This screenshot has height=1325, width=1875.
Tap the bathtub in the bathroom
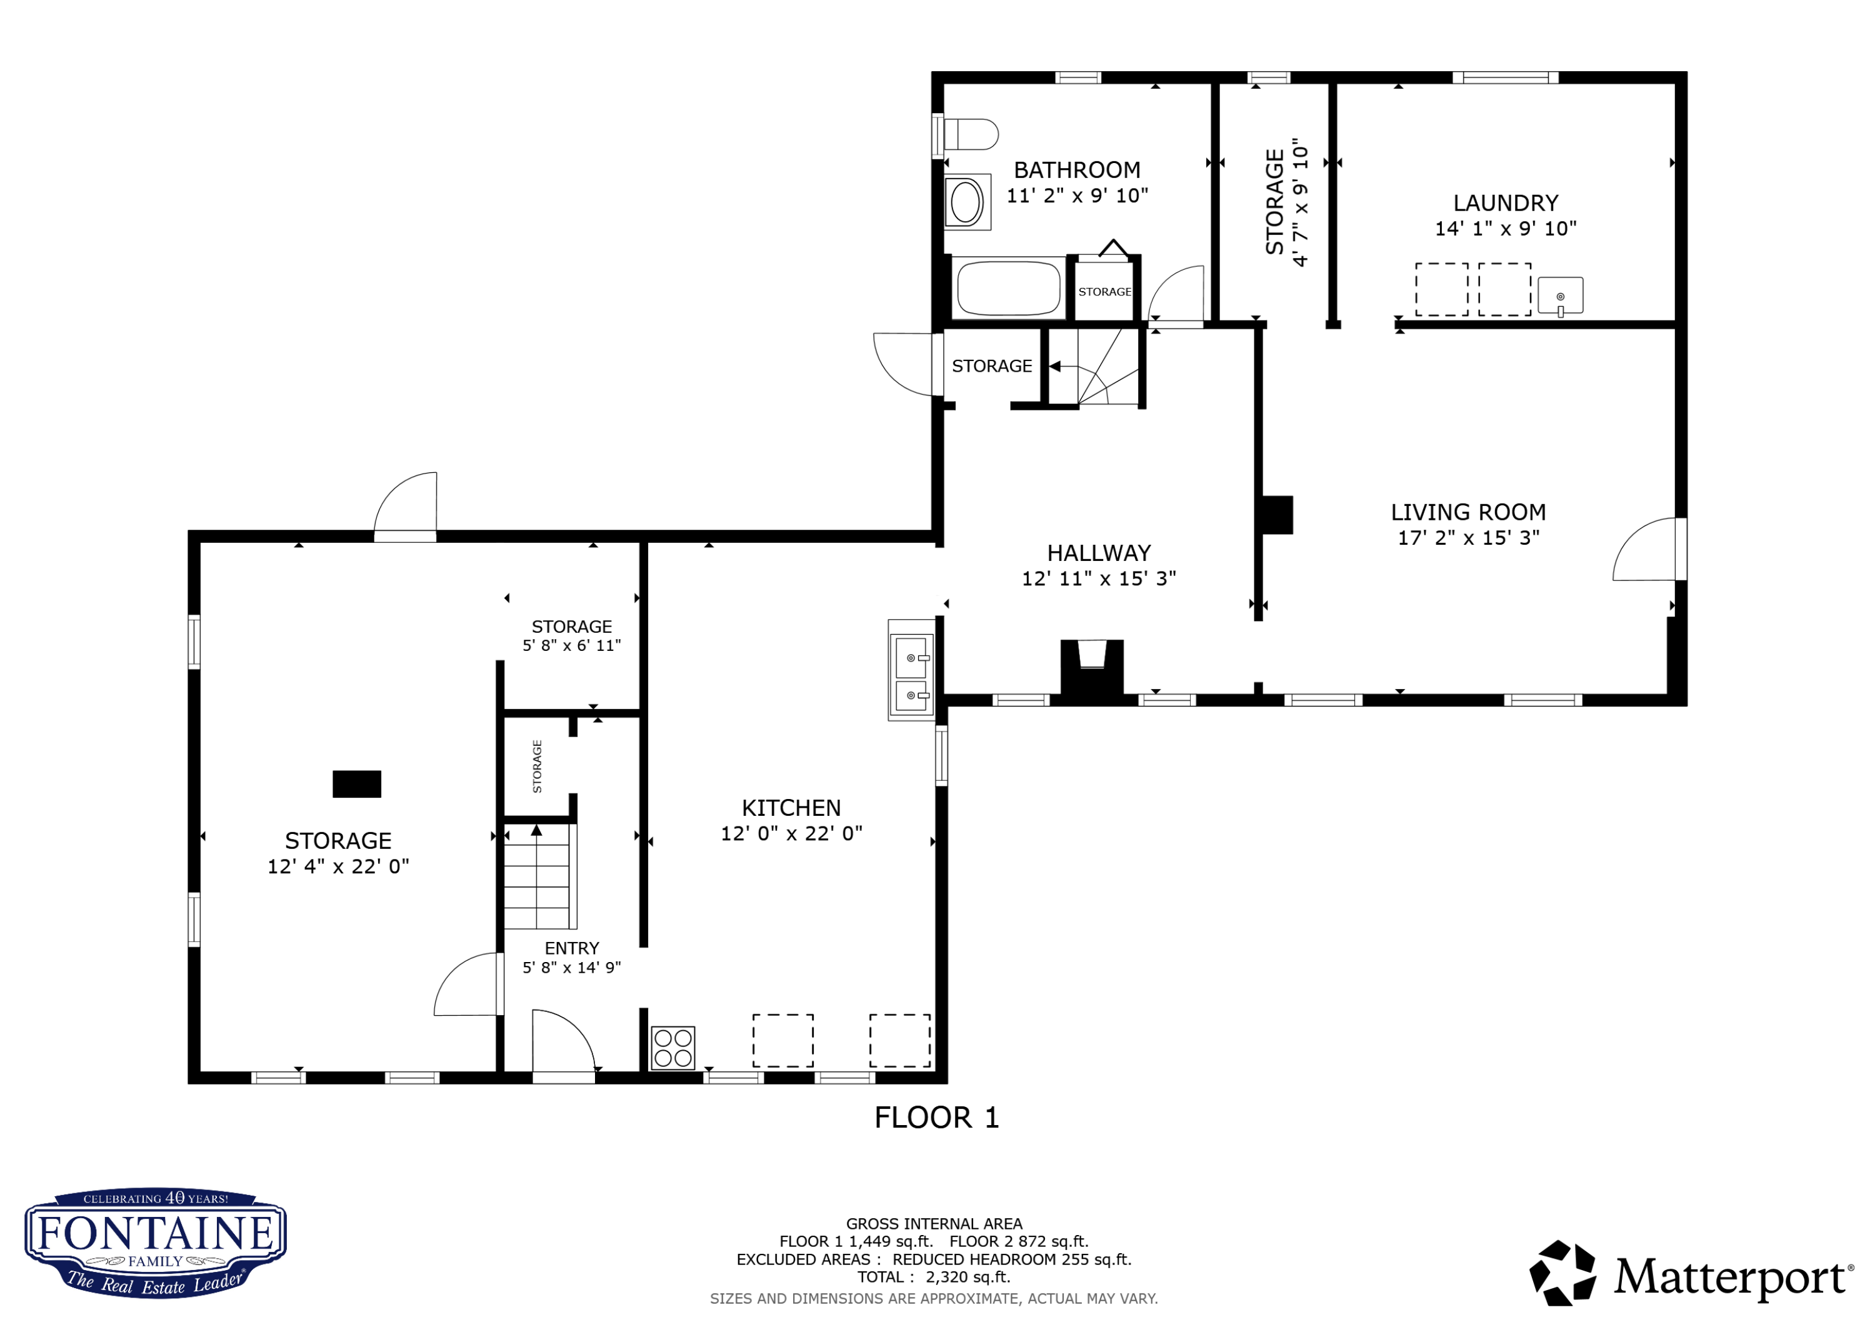(x=1009, y=287)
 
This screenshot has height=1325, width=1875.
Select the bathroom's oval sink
(x=967, y=202)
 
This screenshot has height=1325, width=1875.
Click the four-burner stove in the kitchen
(x=673, y=1048)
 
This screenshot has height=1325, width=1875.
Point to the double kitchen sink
(x=911, y=670)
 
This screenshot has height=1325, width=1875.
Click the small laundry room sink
(x=1560, y=295)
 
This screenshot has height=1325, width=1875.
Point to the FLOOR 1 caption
(x=937, y=1118)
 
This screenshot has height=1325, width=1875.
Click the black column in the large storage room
(x=357, y=784)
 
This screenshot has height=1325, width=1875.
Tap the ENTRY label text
(x=572, y=949)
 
